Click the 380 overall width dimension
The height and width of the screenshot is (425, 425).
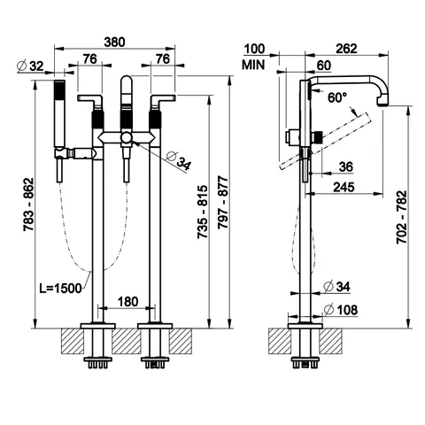[114, 42]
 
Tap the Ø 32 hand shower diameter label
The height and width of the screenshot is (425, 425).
[30, 66]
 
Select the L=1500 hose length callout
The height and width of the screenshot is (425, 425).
[60, 288]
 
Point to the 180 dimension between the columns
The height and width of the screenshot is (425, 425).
[127, 302]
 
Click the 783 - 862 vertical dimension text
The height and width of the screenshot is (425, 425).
[29, 205]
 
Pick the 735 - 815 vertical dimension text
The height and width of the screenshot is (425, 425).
[203, 212]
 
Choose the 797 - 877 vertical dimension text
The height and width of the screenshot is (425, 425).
[223, 203]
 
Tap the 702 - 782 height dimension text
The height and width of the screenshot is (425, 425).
[401, 217]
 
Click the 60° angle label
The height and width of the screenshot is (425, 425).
[337, 97]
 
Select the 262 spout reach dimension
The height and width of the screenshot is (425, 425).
[346, 49]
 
